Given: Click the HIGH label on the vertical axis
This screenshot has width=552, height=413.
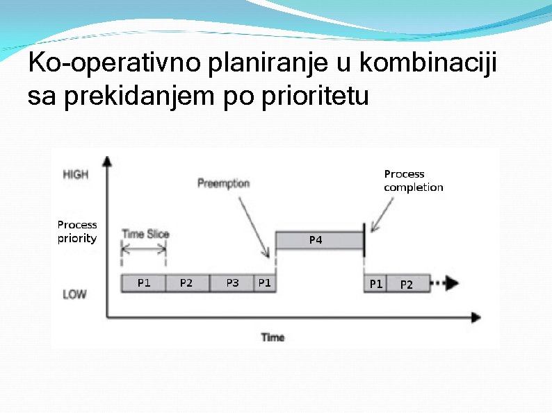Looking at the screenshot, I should coord(76,174).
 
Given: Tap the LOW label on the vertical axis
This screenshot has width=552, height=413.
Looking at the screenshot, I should coord(75,294).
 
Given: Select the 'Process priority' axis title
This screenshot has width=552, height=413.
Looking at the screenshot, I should coord(77,232).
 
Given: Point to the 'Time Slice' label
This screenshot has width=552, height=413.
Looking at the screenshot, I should coord(145,234).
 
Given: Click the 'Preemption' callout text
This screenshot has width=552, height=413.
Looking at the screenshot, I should coord(223,183).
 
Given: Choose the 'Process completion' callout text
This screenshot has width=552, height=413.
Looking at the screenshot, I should coord(413,180).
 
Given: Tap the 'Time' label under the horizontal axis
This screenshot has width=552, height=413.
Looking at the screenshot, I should coord(273,337).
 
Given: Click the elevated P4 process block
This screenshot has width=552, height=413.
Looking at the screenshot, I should coord(320,240).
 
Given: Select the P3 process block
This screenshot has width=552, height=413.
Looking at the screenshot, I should coord(232,283).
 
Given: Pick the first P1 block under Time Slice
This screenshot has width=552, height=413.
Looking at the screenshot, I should coord(144,283).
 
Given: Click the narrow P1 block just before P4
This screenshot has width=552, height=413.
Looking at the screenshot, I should coord(265,283).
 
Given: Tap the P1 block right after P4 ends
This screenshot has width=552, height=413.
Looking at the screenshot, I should coord(375,283).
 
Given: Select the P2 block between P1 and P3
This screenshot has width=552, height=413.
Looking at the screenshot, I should coord(187,283).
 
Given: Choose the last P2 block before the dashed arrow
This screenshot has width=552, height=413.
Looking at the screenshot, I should coord(407,283).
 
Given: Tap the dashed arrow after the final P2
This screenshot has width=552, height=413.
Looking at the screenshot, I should coord(444,283).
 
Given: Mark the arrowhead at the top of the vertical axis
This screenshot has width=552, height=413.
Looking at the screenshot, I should coord(107,160).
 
